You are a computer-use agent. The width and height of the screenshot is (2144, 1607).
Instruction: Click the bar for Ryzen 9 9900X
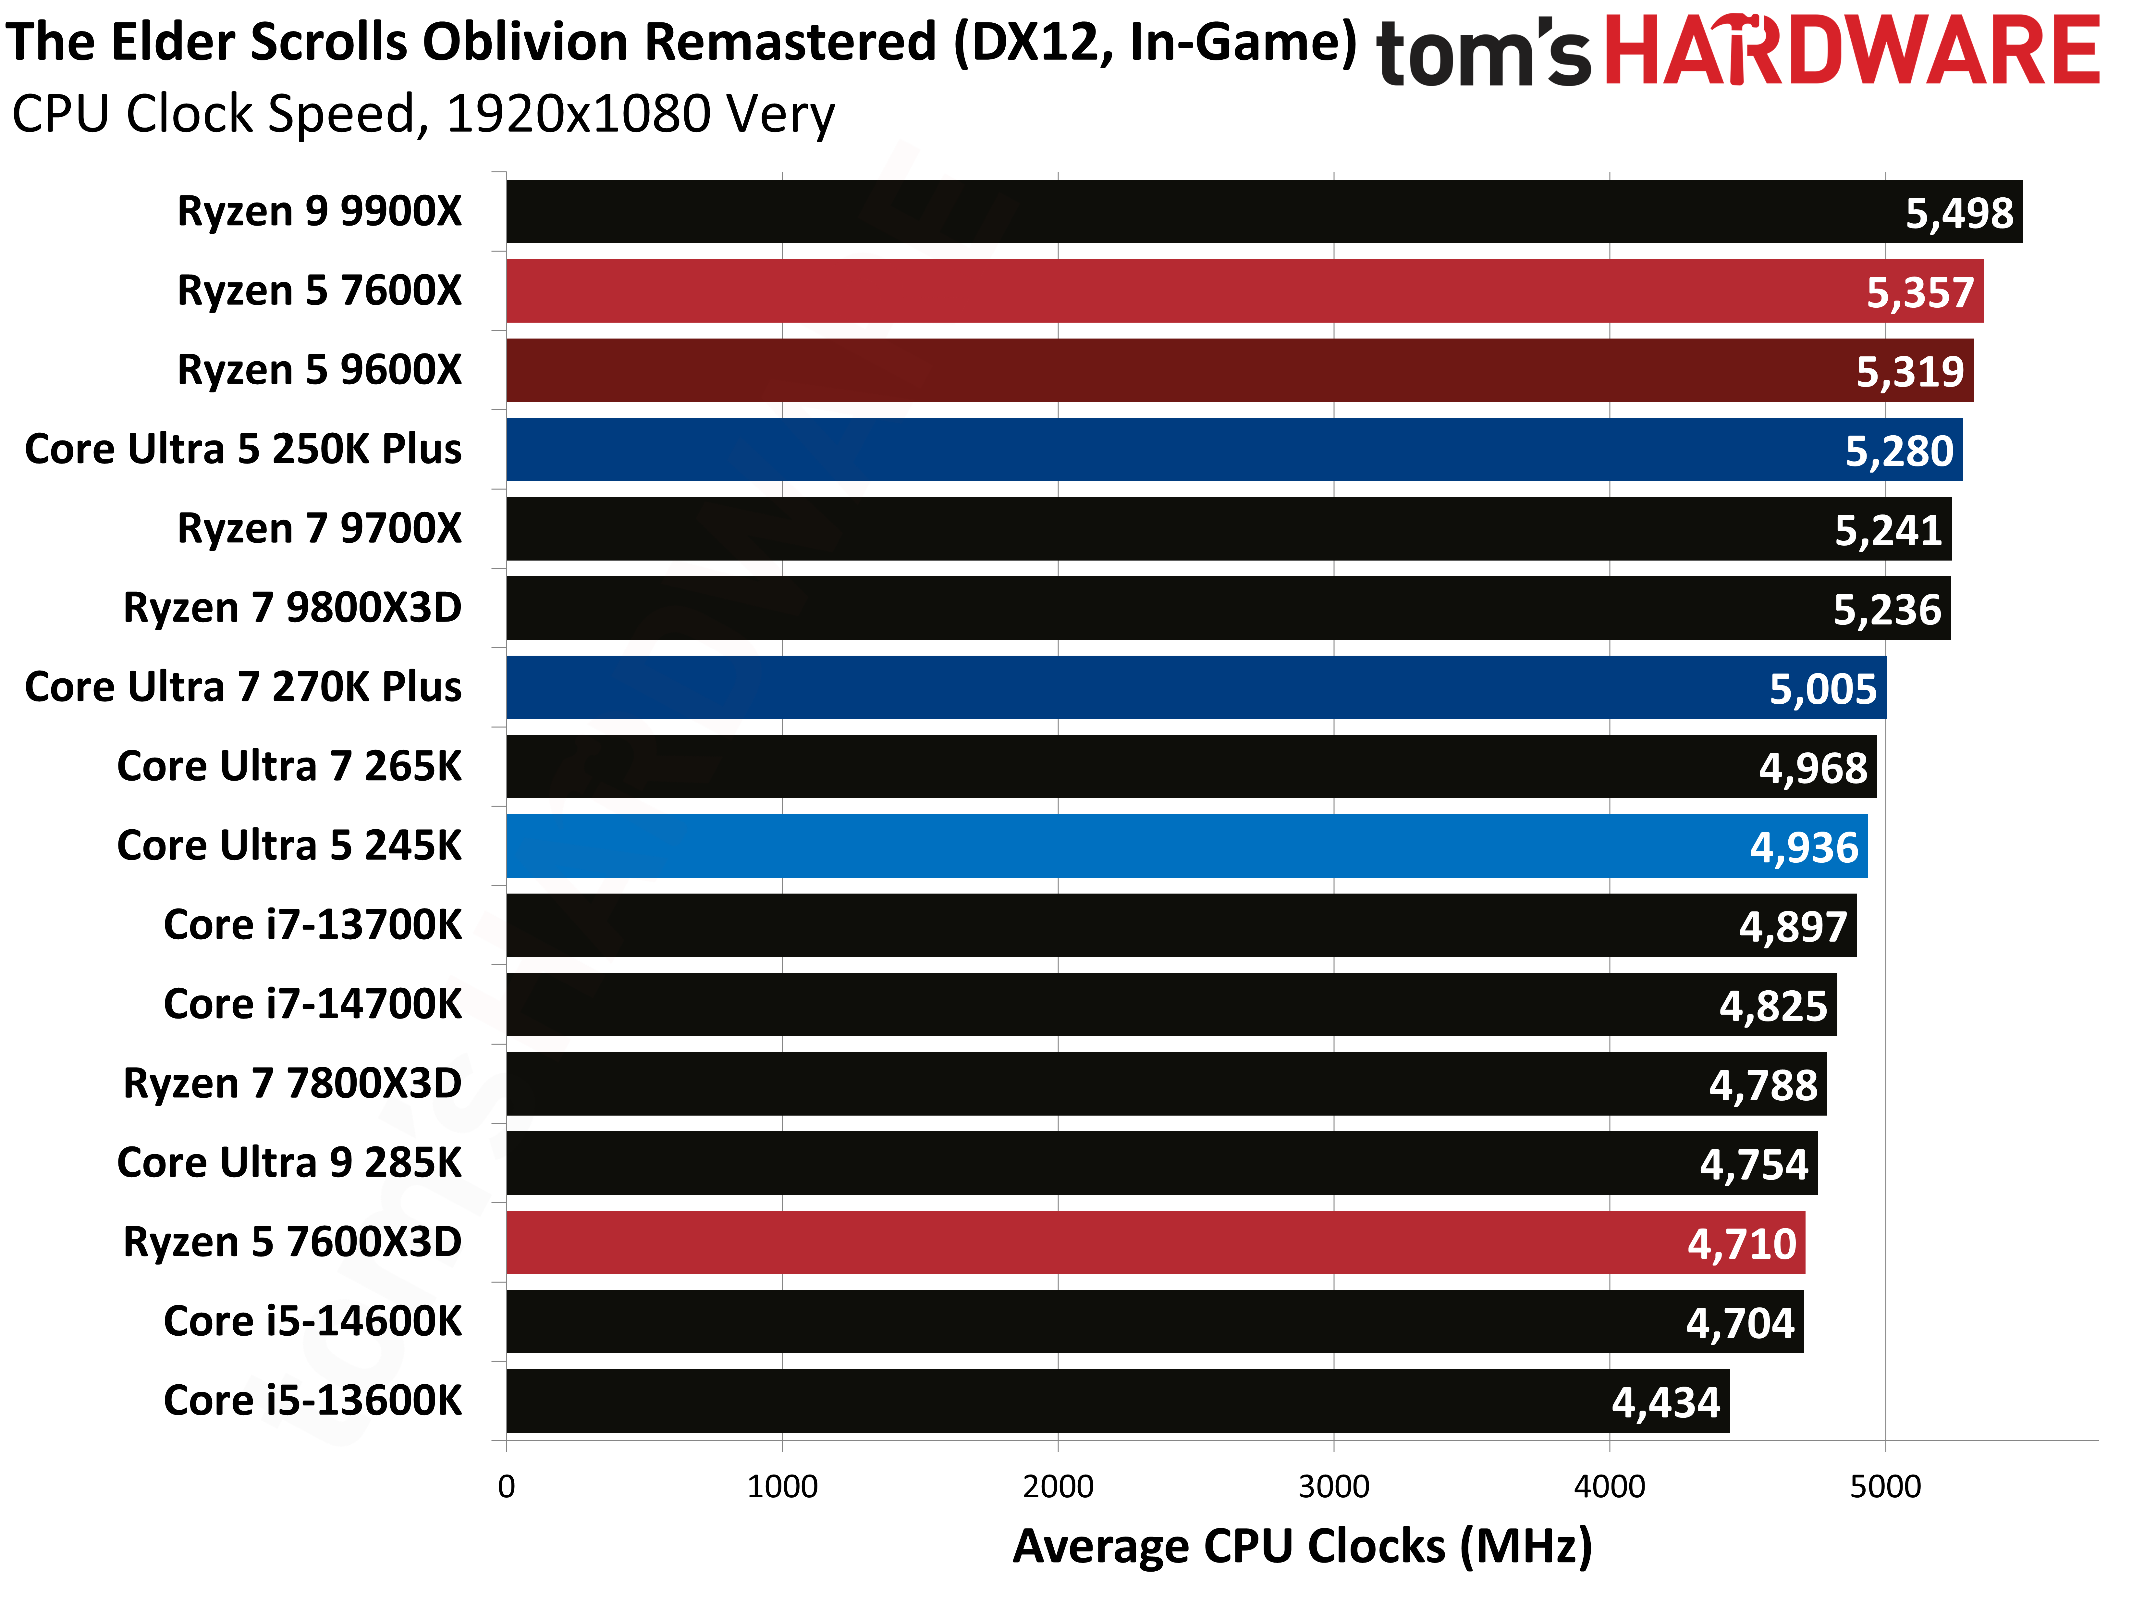click(x=1163, y=211)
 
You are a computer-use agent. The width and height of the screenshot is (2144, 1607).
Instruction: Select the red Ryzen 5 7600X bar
click(x=1163, y=291)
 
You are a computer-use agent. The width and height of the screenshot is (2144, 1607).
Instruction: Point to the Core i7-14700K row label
click(x=312, y=1004)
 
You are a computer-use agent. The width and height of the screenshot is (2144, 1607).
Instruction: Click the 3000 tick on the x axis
click(x=1334, y=1486)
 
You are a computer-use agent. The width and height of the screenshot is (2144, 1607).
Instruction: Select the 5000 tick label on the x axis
click(x=1885, y=1486)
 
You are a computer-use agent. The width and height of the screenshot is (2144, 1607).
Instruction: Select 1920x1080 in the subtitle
click(x=578, y=114)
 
